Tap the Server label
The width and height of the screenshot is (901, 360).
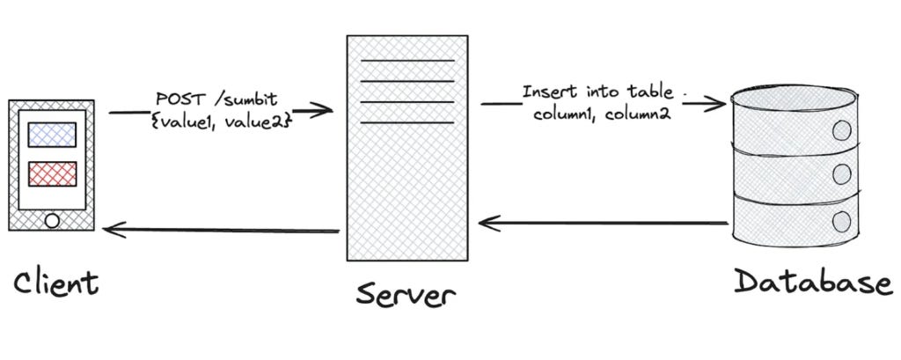(406, 292)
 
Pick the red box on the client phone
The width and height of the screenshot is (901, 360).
(53, 173)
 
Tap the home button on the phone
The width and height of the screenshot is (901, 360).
(53, 220)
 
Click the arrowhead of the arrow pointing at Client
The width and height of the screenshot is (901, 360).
(108, 229)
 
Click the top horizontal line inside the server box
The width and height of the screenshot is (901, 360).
(407, 61)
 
